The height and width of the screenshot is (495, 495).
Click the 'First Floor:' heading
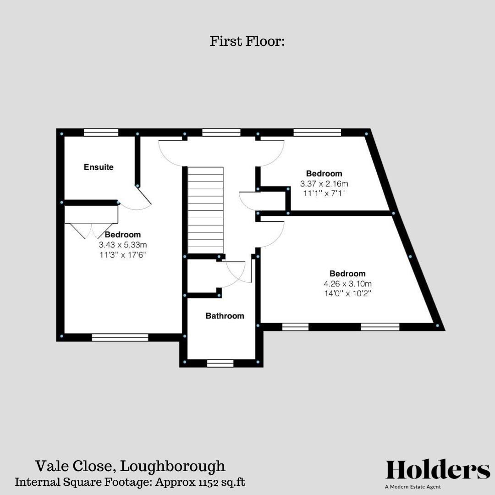247,41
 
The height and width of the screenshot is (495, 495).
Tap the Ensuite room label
99,167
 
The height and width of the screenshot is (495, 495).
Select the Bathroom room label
225,316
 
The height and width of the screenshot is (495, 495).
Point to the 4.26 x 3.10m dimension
347,284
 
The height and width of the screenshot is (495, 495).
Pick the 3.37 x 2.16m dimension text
324,183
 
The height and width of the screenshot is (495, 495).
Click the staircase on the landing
205,209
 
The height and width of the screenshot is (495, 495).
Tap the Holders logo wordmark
438,470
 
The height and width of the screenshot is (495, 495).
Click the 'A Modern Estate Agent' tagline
413,487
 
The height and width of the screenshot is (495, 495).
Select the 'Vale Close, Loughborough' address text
130,466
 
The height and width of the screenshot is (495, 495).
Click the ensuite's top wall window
101,132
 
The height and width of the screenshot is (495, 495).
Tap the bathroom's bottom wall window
220,363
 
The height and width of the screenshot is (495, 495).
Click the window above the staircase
221,132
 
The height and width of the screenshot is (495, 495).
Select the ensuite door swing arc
137,202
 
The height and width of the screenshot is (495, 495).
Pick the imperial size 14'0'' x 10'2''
347,293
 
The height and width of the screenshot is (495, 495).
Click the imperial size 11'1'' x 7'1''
324,193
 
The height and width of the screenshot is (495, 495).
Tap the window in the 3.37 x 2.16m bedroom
317,132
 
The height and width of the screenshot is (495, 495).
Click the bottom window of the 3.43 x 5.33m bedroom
120,337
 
